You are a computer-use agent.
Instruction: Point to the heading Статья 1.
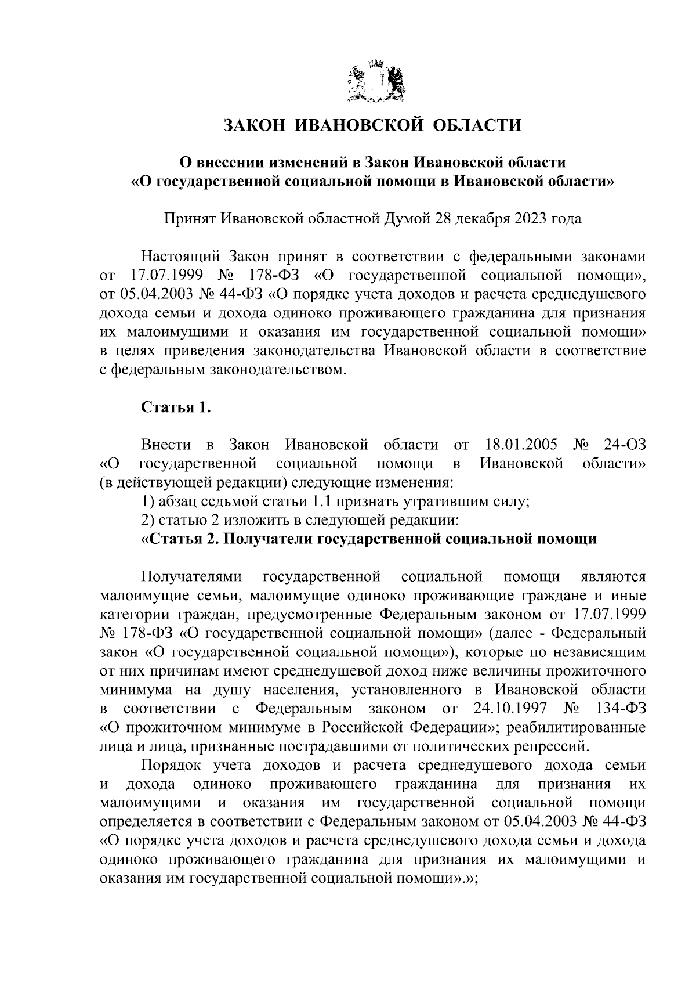coord(175,407)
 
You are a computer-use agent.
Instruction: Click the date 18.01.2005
coord(520,445)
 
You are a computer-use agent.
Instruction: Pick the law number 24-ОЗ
coord(624,445)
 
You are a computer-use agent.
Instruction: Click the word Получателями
coord(191,577)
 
